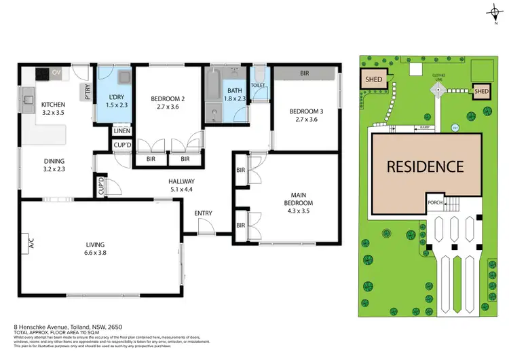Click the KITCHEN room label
tap(53, 104)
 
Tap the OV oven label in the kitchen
tap(58, 71)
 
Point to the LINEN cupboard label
tap(122, 131)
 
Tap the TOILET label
tap(258, 86)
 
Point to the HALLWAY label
tap(182, 181)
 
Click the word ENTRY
tap(203, 213)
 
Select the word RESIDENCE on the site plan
tap(426, 166)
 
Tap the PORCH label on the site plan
tap(436, 202)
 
